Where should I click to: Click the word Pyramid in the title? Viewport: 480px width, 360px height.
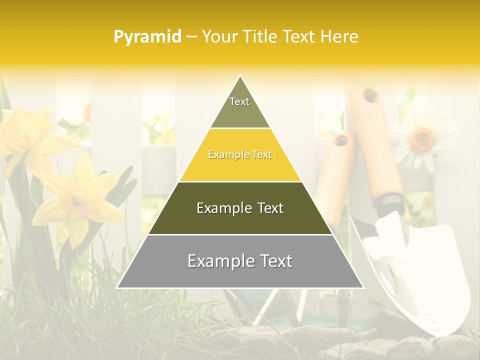click(147, 37)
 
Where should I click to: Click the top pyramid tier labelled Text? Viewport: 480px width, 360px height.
click(239, 105)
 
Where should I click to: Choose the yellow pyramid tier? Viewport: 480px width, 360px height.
click(240, 155)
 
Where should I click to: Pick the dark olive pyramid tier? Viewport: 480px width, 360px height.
click(240, 208)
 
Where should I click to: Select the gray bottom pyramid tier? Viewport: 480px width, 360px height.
click(240, 261)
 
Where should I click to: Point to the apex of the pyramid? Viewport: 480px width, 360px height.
click(240, 76)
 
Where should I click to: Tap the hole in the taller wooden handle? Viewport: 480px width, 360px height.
click(370, 95)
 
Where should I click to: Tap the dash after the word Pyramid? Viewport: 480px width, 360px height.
click(191, 37)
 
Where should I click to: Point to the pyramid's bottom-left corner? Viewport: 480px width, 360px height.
click(117, 287)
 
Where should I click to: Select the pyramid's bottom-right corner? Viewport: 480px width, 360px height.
click(363, 287)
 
